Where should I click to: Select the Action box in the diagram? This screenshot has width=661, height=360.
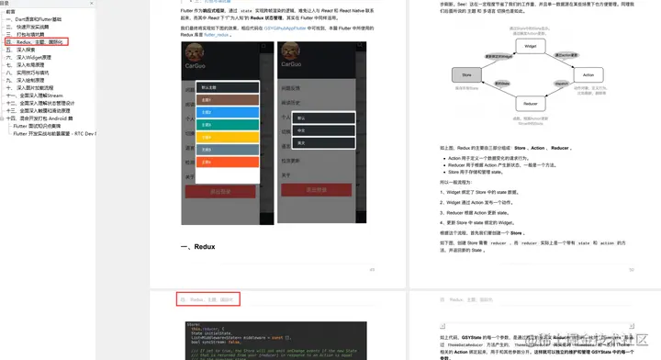pyautogui.click(x=588, y=74)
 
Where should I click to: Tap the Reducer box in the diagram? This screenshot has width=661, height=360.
pyautogui.click(x=530, y=105)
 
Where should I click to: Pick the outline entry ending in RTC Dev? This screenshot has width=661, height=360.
pyautogui.click(x=54, y=133)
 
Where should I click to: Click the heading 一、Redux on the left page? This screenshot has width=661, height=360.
pyautogui.click(x=198, y=247)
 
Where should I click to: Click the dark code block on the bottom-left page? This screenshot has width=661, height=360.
pyautogui.click(x=275, y=340)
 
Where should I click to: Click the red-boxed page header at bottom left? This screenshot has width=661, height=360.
pyautogui.click(x=208, y=299)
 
